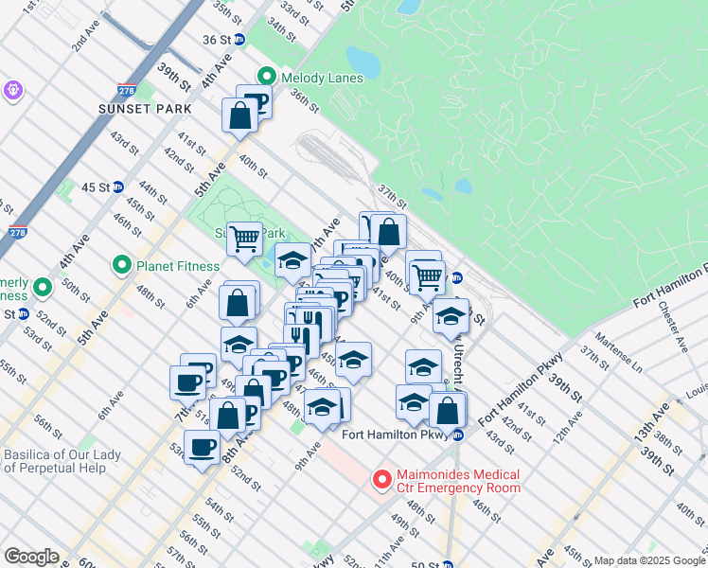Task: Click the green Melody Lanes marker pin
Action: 267,77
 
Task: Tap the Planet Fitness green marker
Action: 120,264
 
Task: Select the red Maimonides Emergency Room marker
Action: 382,480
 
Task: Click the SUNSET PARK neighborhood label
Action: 138,109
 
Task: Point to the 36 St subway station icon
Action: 239,40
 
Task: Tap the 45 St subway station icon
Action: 118,186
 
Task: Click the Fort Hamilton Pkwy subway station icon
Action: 457,435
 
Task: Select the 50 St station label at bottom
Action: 422,564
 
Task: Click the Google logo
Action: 31,557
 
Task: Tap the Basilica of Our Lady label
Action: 62,461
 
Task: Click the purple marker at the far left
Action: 12,90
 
